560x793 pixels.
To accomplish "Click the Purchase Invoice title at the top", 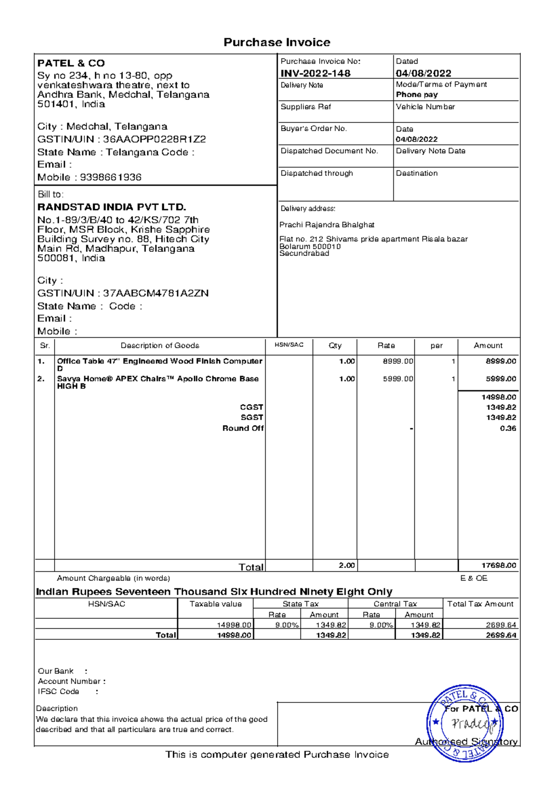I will [277, 42].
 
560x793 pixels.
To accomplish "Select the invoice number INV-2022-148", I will [315, 73].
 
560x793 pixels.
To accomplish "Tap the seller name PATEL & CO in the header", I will [71, 63].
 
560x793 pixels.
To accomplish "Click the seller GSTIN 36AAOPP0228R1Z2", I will [154, 139].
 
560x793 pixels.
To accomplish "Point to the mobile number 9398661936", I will [111, 177].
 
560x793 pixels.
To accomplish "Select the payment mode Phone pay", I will [416, 94].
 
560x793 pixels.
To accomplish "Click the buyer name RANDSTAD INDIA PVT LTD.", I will [112, 207].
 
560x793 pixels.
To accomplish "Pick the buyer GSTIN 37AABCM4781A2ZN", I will [155, 293].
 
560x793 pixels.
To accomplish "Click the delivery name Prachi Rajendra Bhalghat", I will [327, 225].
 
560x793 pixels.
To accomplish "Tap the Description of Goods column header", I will [160, 346].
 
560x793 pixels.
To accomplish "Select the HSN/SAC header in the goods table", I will [288, 345].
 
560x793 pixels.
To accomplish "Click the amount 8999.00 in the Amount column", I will [500, 361].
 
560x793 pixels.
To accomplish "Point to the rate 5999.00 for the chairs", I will [398, 379].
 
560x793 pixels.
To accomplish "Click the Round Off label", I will [243, 428].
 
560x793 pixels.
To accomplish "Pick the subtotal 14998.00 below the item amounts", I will [498, 397].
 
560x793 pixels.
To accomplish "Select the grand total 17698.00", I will [498, 565].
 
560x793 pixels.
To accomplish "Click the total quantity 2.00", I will [346, 565].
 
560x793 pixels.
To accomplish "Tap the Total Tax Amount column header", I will [480, 604].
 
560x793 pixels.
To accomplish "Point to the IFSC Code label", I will [58, 691].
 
